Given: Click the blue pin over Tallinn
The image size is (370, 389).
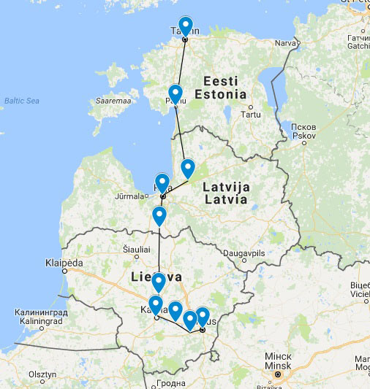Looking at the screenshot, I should point(185,26).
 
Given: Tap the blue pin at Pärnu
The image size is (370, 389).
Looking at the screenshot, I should point(175,94).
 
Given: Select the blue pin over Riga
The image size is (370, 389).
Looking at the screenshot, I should point(162,182).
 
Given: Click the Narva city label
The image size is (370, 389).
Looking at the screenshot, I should point(283,43).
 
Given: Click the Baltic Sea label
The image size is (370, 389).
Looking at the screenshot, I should point(21,101).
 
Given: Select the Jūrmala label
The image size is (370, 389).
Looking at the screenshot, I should point(130,196).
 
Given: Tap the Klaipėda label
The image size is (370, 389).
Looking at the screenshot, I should point(64,263).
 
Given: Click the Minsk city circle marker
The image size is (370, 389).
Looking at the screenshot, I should point(277,375).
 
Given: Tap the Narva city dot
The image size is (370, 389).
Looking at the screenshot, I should point(298,43).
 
